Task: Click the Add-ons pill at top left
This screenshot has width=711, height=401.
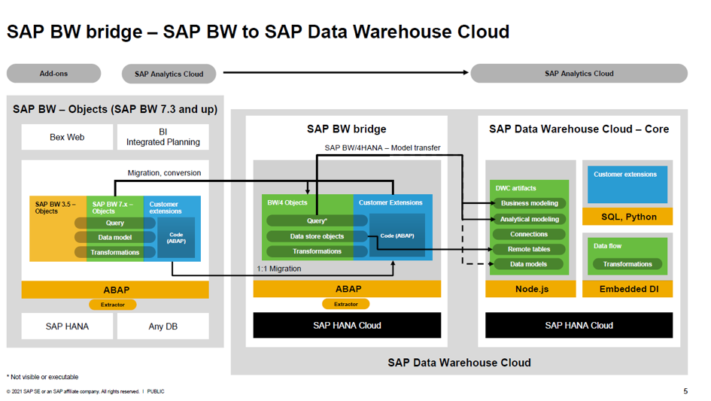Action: [x=53, y=74]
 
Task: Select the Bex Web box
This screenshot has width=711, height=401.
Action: [x=67, y=137]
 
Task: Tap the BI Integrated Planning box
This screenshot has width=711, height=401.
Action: [x=163, y=137]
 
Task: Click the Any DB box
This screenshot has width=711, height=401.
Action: [x=163, y=327]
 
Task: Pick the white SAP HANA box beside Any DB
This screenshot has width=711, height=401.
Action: [x=67, y=327]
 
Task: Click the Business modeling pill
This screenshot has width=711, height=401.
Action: [x=529, y=203]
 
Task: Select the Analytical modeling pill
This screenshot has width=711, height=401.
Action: [x=529, y=219]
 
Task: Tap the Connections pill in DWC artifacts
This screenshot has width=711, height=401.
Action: [x=529, y=234]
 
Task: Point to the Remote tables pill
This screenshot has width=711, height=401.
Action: [x=529, y=249]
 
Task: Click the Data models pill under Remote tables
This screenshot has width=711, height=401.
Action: [x=528, y=264]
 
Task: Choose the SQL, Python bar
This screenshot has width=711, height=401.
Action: [x=627, y=217]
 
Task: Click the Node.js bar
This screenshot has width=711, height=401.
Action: [x=530, y=289]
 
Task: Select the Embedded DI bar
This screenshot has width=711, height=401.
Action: [x=627, y=289]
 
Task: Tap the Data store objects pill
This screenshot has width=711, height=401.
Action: [x=317, y=236]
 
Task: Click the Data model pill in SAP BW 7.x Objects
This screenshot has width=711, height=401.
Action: [x=114, y=237]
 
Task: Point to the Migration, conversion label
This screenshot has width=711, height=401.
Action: [x=164, y=173]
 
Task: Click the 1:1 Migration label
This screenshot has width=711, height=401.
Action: [x=279, y=269]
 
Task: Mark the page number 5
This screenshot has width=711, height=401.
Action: [x=685, y=391]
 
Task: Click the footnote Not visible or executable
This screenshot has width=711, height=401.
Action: [x=43, y=377]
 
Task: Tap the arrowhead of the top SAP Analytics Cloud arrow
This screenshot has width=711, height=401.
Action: [x=466, y=72]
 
